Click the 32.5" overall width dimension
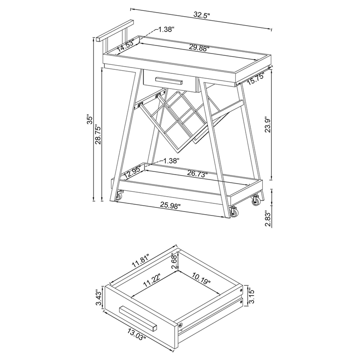pyautogui.click(x=202, y=15)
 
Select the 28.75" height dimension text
pyautogui.click(x=98, y=135)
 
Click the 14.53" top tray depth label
pyautogui.click(x=126, y=46)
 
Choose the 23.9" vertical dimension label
pyautogui.click(x=268, y=126)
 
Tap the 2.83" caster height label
pyautogui.click(x=268, y=219)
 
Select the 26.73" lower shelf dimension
pyautogui.click(x=197, y=174)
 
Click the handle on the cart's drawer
pyautogui.click(x=169, y=81)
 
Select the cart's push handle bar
pyautogui.click(x=115, y=31)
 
